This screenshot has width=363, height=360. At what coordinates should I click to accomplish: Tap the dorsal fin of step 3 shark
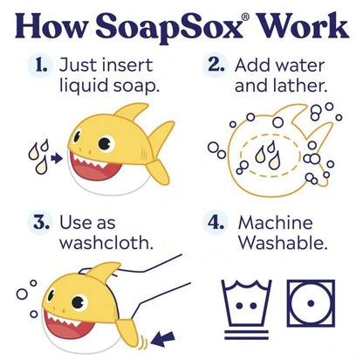[x=102, y=272]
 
